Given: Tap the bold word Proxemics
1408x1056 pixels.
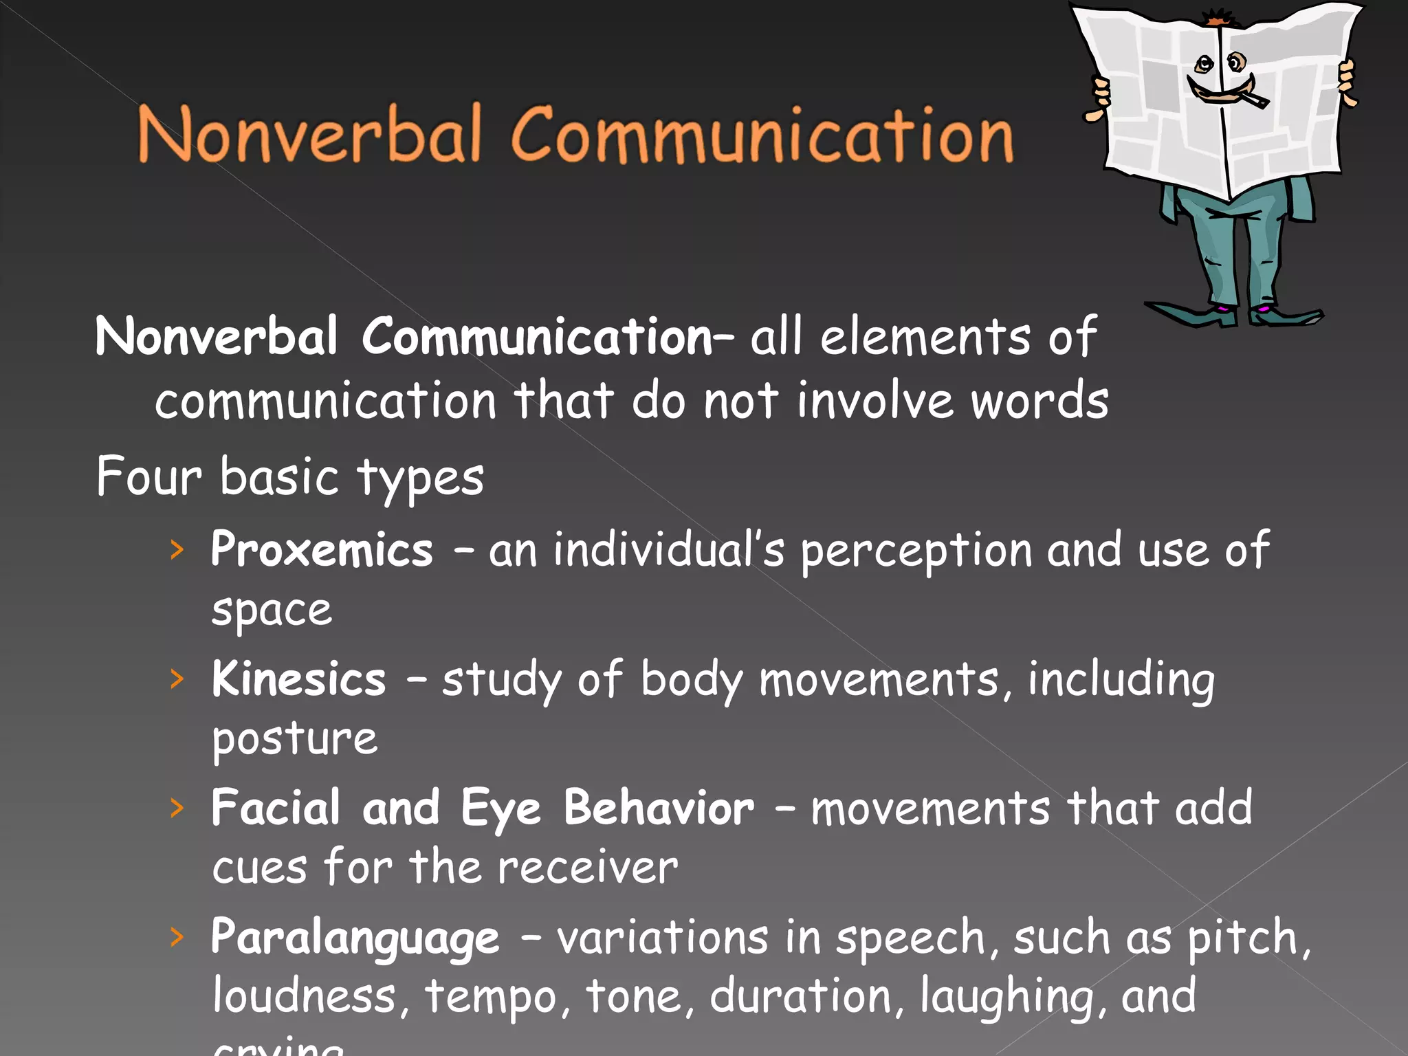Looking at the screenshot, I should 322,551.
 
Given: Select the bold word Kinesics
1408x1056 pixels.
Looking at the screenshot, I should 299,679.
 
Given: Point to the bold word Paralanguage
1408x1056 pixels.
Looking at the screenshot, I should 355,938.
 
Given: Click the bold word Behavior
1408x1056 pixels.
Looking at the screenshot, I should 659,808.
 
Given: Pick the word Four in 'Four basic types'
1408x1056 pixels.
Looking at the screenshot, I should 148,476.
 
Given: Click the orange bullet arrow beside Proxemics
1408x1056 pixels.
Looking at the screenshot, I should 177,550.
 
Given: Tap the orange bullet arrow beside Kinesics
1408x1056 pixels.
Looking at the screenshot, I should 177,679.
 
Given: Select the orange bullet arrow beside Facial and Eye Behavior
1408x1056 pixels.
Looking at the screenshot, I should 177,808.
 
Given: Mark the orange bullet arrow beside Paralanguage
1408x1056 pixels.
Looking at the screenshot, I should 177,937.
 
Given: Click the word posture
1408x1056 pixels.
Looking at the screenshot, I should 294,740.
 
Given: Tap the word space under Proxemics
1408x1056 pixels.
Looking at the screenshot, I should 272,611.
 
